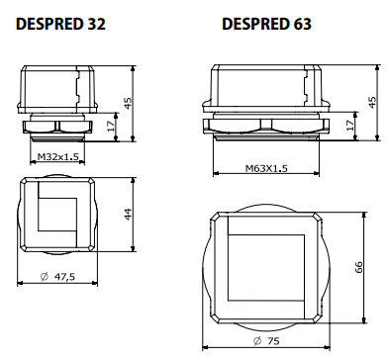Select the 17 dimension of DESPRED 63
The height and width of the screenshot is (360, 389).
351,126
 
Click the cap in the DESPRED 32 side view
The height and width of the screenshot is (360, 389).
58,89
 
